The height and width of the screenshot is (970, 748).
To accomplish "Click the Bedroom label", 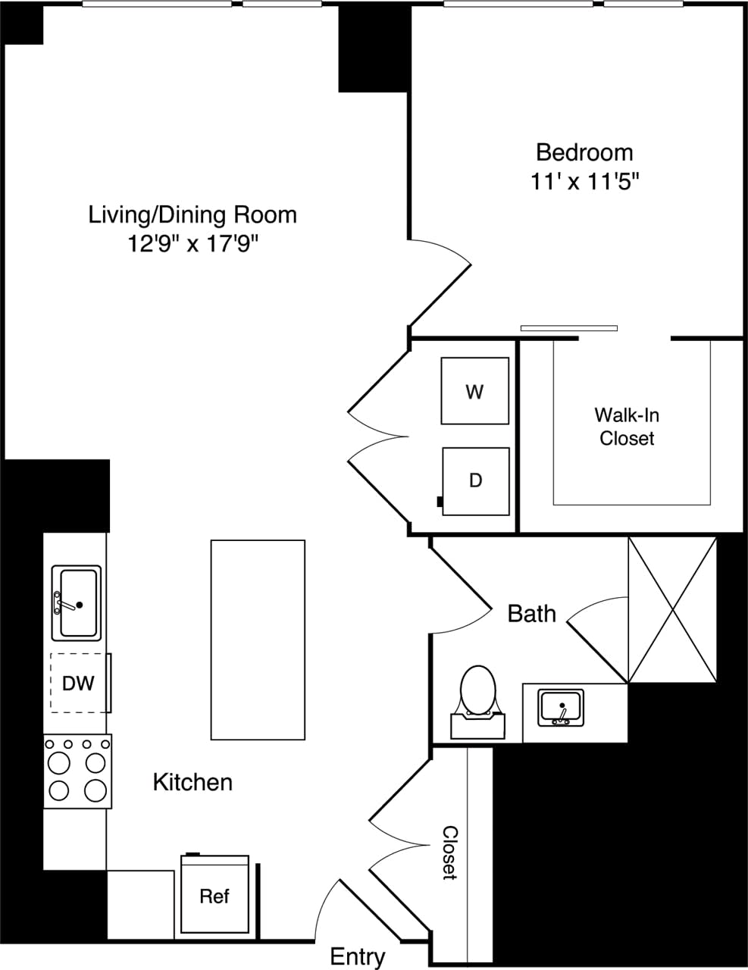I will pos(584,152).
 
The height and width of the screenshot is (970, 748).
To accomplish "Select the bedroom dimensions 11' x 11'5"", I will pos(584,182).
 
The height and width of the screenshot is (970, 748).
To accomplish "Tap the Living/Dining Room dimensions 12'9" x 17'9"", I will pos(193,244).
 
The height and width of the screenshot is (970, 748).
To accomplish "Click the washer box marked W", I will pos(474,391).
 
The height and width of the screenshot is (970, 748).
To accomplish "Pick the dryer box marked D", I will pos(475,480).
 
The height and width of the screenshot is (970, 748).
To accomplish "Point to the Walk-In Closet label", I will pos(626,426).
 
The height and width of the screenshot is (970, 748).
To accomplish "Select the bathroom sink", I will pos(561,708).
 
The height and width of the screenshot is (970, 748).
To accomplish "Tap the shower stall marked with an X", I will pos(672,609).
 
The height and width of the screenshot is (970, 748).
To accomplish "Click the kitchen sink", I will pos(76,602).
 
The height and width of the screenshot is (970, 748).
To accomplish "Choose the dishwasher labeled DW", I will pos(78,683).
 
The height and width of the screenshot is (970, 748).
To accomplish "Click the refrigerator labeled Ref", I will pos(214,896).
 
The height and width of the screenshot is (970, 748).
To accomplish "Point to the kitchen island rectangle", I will pos(258,639).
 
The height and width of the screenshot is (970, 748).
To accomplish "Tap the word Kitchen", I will pos(192,782).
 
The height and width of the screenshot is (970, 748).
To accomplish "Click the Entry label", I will pos(357,956).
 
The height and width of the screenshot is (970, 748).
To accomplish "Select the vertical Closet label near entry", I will pos(449,852).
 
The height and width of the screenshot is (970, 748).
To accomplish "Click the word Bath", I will pos(531,613).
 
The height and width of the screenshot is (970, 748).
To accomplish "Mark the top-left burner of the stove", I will pos(59,761).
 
